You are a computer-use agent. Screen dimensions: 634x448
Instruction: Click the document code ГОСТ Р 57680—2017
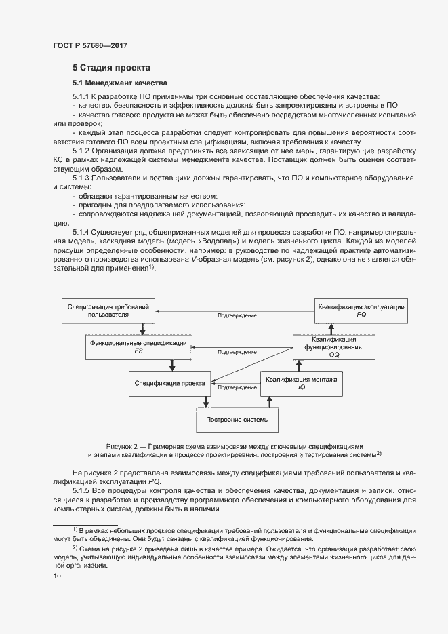90,45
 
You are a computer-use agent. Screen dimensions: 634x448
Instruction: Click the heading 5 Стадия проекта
111,68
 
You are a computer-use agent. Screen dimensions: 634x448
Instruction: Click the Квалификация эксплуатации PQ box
361,311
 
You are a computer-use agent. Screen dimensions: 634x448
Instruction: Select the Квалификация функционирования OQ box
333,346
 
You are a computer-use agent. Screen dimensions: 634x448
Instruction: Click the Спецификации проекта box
170,384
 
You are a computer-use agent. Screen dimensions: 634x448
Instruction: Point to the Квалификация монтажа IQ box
304,383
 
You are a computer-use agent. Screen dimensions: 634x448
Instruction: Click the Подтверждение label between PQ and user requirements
237,316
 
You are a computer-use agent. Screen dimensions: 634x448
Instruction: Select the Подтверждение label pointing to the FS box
237,353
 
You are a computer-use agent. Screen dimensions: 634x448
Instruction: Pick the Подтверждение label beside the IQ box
237,388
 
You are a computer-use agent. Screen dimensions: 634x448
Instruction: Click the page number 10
57,576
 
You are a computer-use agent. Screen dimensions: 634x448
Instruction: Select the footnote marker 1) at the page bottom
75,528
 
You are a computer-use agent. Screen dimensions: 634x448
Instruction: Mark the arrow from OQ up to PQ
331,329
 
